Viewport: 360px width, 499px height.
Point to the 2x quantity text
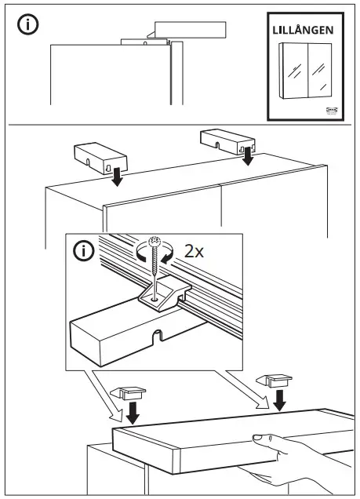195,252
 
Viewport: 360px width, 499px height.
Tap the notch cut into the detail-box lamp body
158,340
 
